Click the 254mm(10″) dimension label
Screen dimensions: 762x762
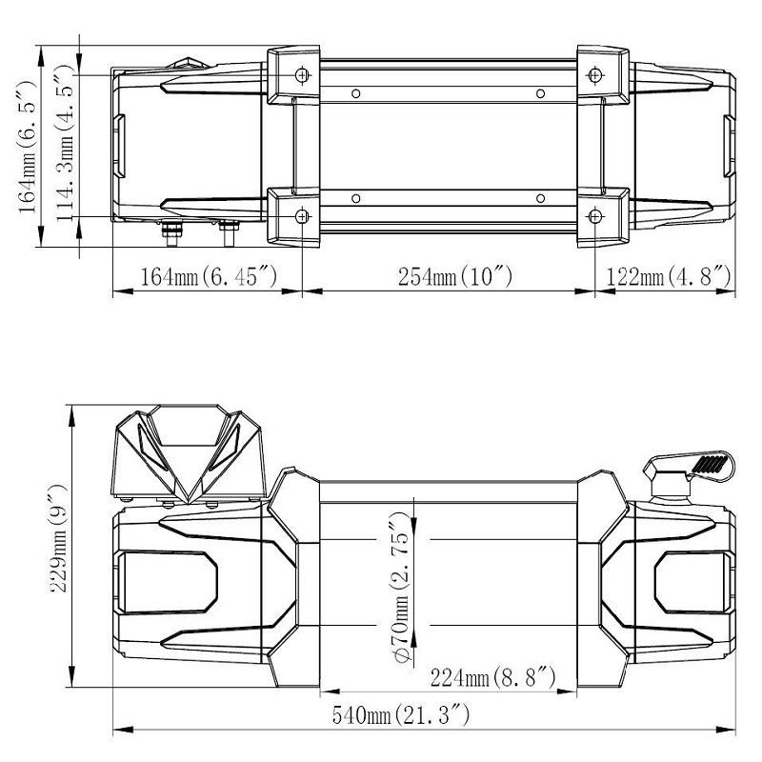455,276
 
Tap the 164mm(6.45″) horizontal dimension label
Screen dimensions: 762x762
209,276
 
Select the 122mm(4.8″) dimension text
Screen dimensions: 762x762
669,276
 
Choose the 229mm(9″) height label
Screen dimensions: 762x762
59,538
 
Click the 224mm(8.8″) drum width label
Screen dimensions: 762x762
492,677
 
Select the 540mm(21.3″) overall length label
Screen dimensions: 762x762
401,715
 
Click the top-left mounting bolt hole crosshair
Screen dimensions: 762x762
302,75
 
